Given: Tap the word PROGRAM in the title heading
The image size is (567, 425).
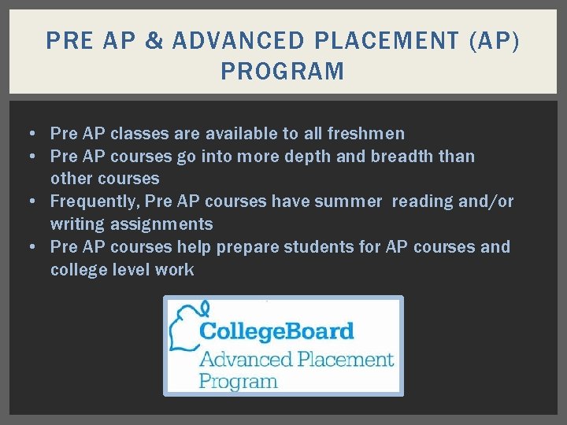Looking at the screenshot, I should [x=283, y=72].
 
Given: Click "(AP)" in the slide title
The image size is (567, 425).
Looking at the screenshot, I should [x=494, y=40].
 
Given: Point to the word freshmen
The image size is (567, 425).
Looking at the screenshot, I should [x=368, y=133].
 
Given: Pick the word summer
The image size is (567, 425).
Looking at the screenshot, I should [x=346, y=201].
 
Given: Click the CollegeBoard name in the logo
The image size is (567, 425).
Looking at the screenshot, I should [x=276, y=331].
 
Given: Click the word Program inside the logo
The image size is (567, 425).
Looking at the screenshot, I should [x=238, y=382].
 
